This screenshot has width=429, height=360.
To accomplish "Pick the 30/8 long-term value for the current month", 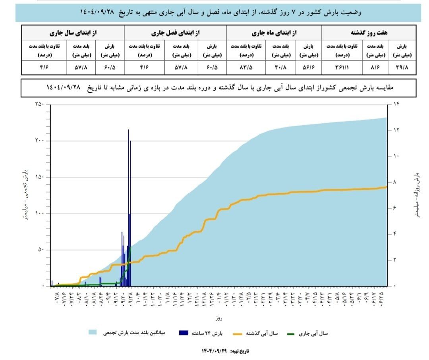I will tap(278, 67).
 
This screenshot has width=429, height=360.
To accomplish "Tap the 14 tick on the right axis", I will tap(396, 104).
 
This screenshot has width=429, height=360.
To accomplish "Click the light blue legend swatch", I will tap(93, 332).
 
